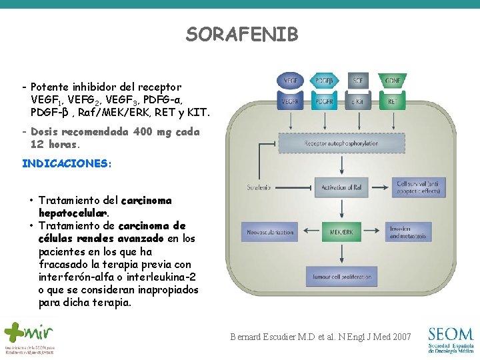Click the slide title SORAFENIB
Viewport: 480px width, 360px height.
point(242,35)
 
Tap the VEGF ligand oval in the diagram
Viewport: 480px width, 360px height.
point(291,81)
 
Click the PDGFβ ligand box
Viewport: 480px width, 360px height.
point(325,81)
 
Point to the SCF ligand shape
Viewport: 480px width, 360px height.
point(359,81)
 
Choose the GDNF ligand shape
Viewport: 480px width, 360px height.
point(393,81)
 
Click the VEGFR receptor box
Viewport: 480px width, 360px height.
point(291,102)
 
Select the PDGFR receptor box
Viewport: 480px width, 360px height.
point(325,102)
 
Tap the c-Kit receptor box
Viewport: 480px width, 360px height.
point(359,102)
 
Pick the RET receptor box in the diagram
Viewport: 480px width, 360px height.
point(393,102)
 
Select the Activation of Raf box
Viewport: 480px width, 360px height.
point(341,187)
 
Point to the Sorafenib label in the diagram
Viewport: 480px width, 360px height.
point(259,187)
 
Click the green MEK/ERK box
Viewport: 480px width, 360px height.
point(341,233)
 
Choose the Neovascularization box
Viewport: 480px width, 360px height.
point(270,233)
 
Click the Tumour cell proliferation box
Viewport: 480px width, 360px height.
point(341,277)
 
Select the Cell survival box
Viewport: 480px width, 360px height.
point(417,187)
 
